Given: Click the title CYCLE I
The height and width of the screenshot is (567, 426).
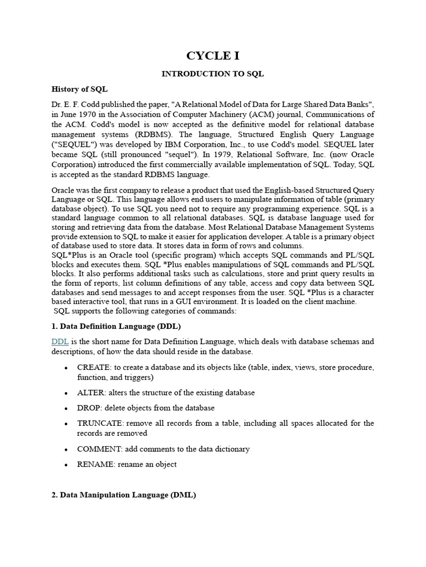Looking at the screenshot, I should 212,55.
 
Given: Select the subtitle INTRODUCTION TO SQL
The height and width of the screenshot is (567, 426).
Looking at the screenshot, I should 212,74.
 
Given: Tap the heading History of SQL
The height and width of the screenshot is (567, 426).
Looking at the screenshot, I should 79,89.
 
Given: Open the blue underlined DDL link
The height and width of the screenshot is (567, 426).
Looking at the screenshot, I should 59,342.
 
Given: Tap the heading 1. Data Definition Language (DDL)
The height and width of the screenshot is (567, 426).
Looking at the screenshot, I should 116,326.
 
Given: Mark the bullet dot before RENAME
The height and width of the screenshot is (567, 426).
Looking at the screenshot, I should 67,465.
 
